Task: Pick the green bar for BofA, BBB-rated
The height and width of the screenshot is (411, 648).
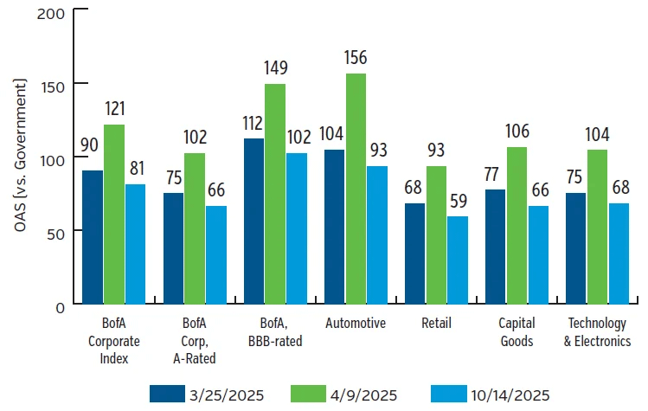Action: point(274,194)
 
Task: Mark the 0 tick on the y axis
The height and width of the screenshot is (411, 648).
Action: point(59,305)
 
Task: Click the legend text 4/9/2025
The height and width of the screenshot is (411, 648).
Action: point(364,395)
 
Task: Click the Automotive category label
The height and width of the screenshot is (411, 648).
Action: point(356,324)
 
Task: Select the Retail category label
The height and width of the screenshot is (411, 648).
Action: point(436,324)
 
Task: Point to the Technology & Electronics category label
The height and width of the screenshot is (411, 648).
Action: point(599,332)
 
